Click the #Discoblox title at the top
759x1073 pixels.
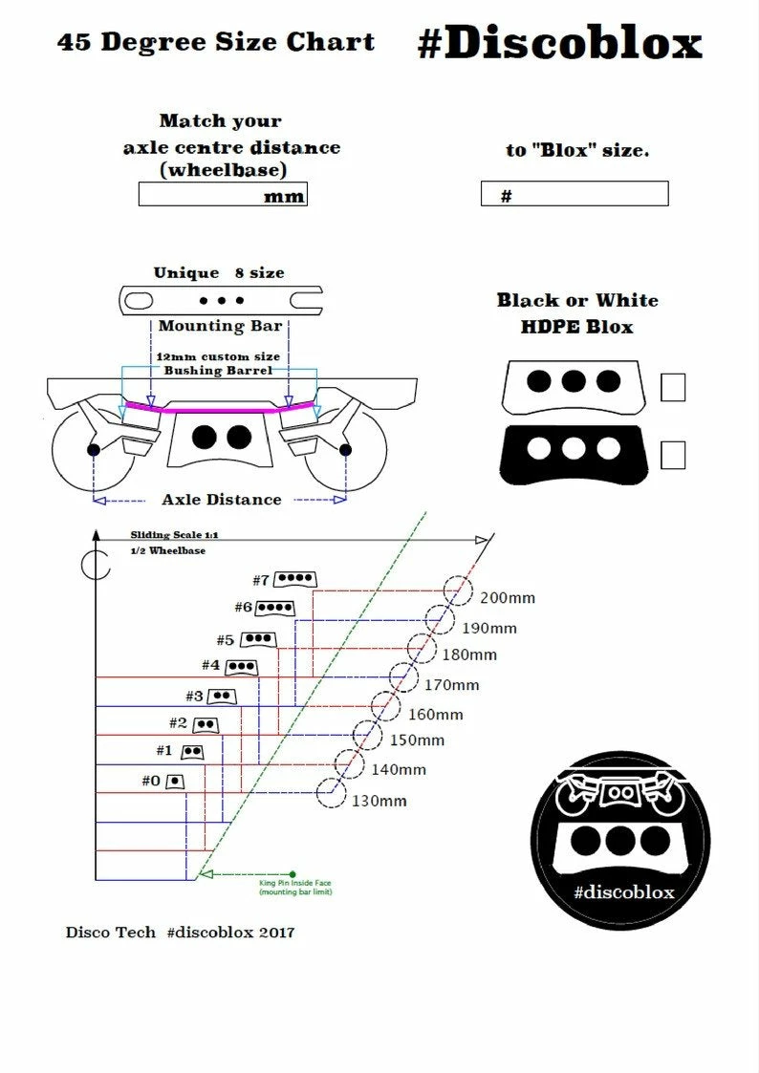click(x=559, y=43)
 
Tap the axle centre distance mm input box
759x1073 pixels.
click(x=222, y=195)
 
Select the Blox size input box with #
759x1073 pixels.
click(x=574, y=195)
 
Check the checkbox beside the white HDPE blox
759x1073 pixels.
click(x=673, y=387)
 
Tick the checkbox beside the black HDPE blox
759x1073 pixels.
click(x=673, y=455)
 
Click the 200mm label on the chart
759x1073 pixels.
click(x=508, y=598)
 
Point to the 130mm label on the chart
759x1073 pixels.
click(x=379, y=801)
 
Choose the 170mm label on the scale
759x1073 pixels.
click(x=450, y=685)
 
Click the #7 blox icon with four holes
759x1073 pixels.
click(x=296, y=579)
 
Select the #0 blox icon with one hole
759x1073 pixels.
click(x=174, y=781)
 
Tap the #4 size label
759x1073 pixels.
click(x=210, y=665)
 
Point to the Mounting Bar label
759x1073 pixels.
click(x=220, y=326)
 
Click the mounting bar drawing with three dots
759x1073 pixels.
click(x=220, y=300)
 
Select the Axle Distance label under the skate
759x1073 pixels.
click(x=222, y=499)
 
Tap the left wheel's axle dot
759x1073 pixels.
click(x=93, y=449)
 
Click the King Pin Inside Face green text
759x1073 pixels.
click(x=293, y=888)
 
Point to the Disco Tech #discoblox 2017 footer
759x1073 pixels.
click(x=181, y=932)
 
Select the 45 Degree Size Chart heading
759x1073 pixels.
click(x=216, y=43)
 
